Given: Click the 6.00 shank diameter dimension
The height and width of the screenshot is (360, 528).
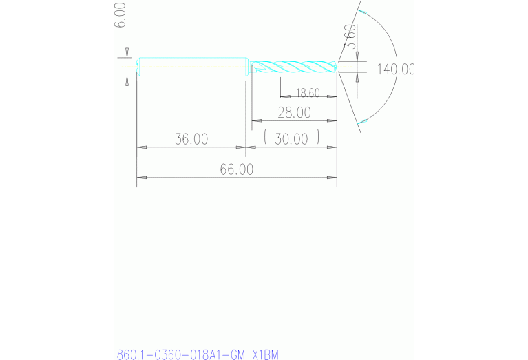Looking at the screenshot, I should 121,14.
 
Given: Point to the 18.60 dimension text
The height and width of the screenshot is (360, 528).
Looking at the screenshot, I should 308,92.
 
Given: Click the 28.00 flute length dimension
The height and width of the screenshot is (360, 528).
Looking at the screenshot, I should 294,112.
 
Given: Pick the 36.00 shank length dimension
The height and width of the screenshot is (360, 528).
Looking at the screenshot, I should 191,138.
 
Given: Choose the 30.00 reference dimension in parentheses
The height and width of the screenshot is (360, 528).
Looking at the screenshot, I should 292,138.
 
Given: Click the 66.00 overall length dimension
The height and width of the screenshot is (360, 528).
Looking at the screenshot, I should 236,169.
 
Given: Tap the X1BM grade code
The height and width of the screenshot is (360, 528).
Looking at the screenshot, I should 265,354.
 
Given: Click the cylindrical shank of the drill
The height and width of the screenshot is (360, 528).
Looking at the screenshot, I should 192,67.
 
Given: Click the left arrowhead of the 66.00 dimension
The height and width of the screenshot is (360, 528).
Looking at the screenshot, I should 141,178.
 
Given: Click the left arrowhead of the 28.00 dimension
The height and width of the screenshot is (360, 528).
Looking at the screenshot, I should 255,121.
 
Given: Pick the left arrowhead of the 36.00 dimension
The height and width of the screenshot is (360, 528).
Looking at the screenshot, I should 141,147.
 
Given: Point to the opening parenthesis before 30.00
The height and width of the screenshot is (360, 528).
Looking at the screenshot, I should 266,138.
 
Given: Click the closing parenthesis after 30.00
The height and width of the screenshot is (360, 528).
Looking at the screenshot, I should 319,138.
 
